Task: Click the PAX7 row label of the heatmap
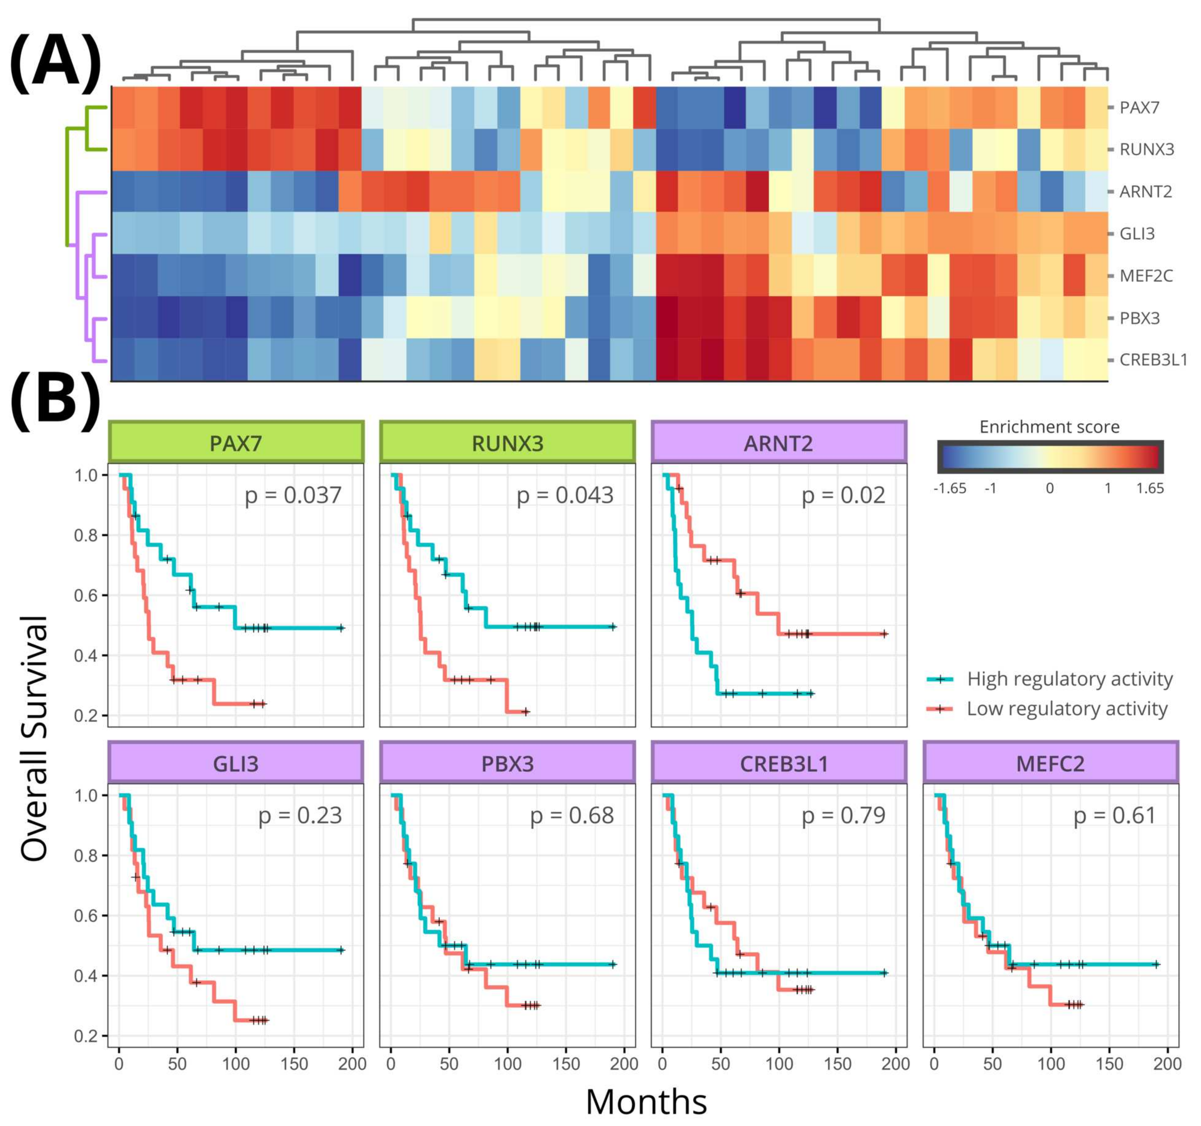tap(1139, 107)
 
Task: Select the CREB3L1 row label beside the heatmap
tap(1153, 360)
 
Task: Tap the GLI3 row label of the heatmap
tap(1137, 234)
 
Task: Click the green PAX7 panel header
tap(236, 443)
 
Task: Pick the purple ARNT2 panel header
tap(779, 443)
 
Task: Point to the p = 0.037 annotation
tap(293, 495)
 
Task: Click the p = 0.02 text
tap(843, 495)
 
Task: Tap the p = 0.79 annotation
tap(843, 815)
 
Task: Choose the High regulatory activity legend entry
tap(1069, 679)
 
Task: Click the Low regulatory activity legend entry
tap(1067, 708)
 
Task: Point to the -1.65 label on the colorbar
tap(950, 488)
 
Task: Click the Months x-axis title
tap(646, 1101)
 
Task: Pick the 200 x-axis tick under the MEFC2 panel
tap(1167, 1063)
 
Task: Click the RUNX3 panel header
tap(507, 443)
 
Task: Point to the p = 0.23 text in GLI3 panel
tap(300, 815)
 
